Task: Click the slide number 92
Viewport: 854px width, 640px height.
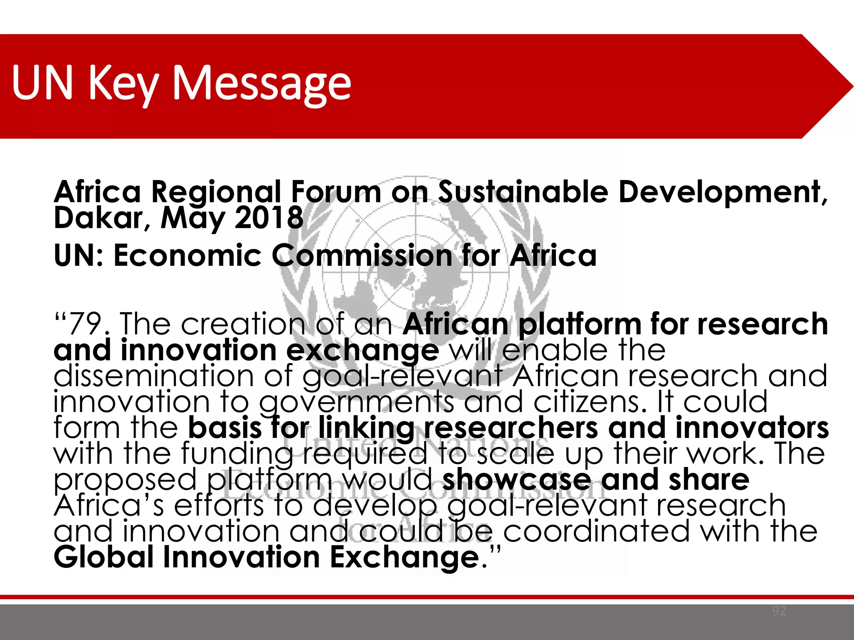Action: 779,611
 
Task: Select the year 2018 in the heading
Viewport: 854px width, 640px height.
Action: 269,217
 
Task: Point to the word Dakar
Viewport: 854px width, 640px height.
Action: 98,218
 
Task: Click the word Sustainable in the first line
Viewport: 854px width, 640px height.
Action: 523,192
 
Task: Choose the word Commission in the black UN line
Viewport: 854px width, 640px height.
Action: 362,255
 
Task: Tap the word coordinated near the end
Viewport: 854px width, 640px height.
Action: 596,531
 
